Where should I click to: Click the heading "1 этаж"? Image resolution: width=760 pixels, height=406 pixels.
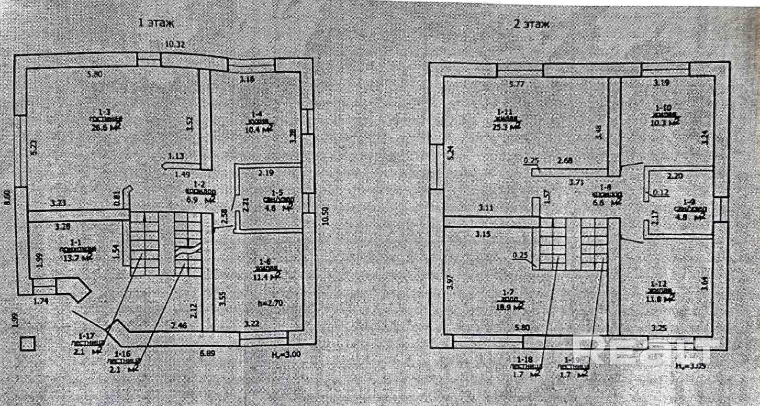(x=156, y=22)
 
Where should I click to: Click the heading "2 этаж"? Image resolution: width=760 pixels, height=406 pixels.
(x=531, y=24)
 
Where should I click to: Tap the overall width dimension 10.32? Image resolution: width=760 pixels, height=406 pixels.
(x=175, y=44)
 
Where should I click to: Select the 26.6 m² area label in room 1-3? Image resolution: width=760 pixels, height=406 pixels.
(x=105, y=127)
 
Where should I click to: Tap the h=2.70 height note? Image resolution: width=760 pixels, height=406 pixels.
(x=270, y=303)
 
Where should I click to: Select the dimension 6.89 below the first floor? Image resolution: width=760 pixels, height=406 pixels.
(x=207, y=353)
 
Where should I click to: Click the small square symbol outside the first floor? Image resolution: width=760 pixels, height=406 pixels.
(x=27, y=344)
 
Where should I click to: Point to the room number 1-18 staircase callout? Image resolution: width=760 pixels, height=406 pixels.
(x=525, y=360)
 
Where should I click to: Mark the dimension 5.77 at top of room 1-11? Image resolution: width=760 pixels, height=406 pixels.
(x=516, y=84)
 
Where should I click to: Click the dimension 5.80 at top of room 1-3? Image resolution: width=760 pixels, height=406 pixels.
(x=94, y=74)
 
